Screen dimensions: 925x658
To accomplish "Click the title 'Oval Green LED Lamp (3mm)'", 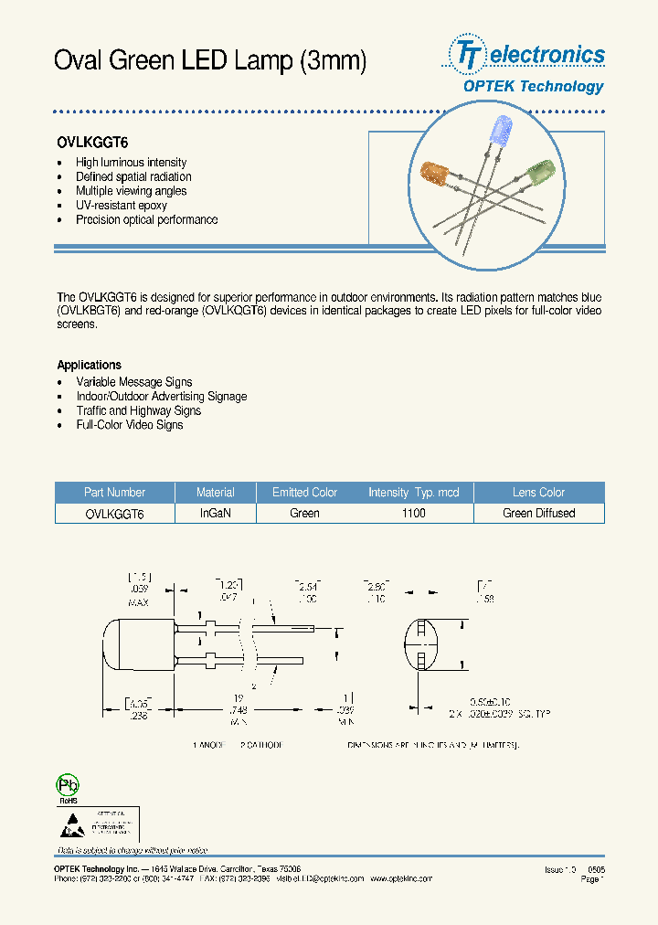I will [x=211, y=61].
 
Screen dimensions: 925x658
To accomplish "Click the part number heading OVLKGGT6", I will [x=92, y=143].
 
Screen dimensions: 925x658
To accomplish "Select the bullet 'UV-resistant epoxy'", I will [x=122, y=206].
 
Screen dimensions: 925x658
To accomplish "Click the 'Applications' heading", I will [x=89, y=365].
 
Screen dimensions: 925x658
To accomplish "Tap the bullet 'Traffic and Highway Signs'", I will [x=138, y=411].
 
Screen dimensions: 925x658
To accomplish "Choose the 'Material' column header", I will [x=216, y=492].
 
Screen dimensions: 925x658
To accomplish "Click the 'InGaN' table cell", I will [x=216, y=514].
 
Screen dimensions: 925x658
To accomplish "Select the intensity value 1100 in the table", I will [x=413, y=514].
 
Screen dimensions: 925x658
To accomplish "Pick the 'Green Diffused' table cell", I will [x=538, y=514].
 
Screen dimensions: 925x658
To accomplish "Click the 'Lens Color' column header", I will [x=538, y=492].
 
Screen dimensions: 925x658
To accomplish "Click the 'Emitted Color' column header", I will [x=304, y=492].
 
